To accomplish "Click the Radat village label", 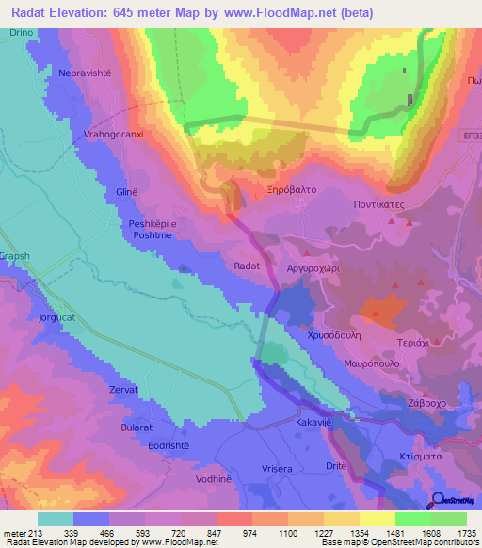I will click(247, 266).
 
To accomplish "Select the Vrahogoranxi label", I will click(114, 135).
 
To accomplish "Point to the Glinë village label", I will click(126, 192).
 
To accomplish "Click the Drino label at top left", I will click(22, 33).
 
